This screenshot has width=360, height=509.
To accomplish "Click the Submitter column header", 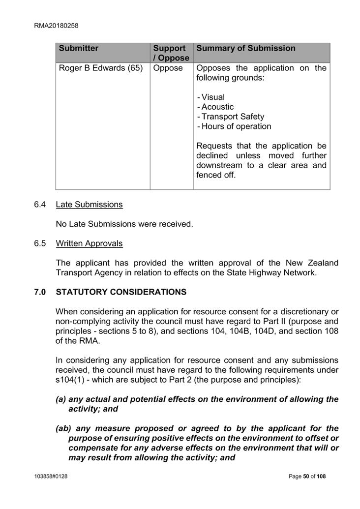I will pyautogui.click(x=79, y=48).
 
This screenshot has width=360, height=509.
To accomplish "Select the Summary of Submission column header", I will pyautogui.click(x=246, y=48).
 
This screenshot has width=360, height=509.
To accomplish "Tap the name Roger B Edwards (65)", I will pyautogui.click(x=101, y=68).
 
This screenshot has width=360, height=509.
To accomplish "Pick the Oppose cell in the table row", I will pyautogui.click(x=168, y=68).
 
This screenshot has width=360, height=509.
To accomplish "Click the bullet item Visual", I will pyautogui.click(x=212, y=97).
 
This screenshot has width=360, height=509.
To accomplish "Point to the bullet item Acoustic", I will pyautogui.click(x=216, y=107).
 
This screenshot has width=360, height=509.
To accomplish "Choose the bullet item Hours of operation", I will pyautogui.click(x=235, y=126).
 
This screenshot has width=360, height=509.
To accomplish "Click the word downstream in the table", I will pyautogui.click(x=219, y=165).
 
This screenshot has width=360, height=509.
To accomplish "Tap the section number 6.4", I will pyautogui.click(x=40, y=204).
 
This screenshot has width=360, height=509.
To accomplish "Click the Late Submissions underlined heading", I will pyautogui.click(x=89, y=204).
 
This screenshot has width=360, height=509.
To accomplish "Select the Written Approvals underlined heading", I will pyautogui.click(x=89, y=243).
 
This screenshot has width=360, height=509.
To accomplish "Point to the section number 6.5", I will pyautogui.click(x=40, y=243).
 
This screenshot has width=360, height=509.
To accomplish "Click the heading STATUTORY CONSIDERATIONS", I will pyautogui.click(x=121, y=292).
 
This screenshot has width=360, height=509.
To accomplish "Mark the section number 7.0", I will pyautogui.click(x=40, y=292).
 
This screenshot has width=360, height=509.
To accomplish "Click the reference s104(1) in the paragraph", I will pyautogui.click(x=71, y=380).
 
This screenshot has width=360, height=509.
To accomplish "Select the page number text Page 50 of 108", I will pyautogui.click(x=307, y=476).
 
